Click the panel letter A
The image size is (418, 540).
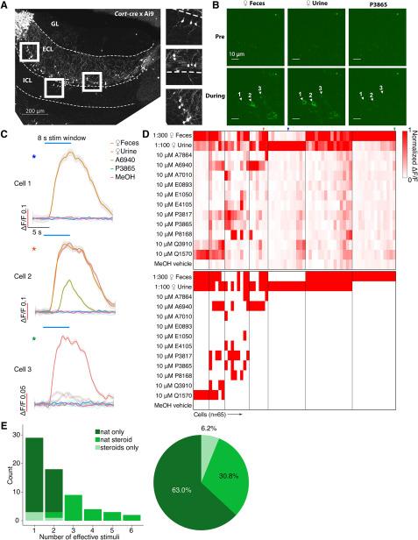5,5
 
